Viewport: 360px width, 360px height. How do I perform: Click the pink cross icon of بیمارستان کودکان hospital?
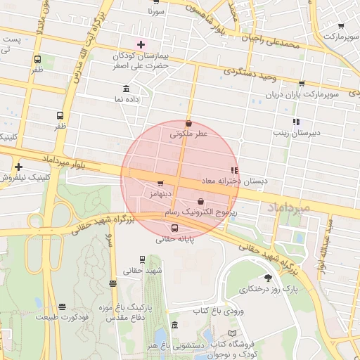click(x=141, y=44)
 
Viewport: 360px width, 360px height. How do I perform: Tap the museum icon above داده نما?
click(x=126, y=89)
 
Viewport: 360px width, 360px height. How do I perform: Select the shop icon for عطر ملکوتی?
click(x=188, y=123)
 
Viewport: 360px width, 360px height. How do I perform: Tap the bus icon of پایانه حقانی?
click(x=175, y=227)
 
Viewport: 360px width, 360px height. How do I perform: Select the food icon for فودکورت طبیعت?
click(x=63, y=307)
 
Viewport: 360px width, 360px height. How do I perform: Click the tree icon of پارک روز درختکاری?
click(x=268, y=278)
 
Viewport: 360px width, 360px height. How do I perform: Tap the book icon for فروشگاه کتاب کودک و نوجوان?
click(x=233, y=333)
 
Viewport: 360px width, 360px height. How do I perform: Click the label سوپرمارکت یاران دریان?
click(x=302, y=94)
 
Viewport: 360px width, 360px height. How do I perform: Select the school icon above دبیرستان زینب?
click(x=296, y=121)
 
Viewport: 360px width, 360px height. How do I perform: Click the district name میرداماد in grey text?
click(x=289, y=207)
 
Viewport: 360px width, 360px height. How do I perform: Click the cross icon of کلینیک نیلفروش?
click(x=18, y=167)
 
